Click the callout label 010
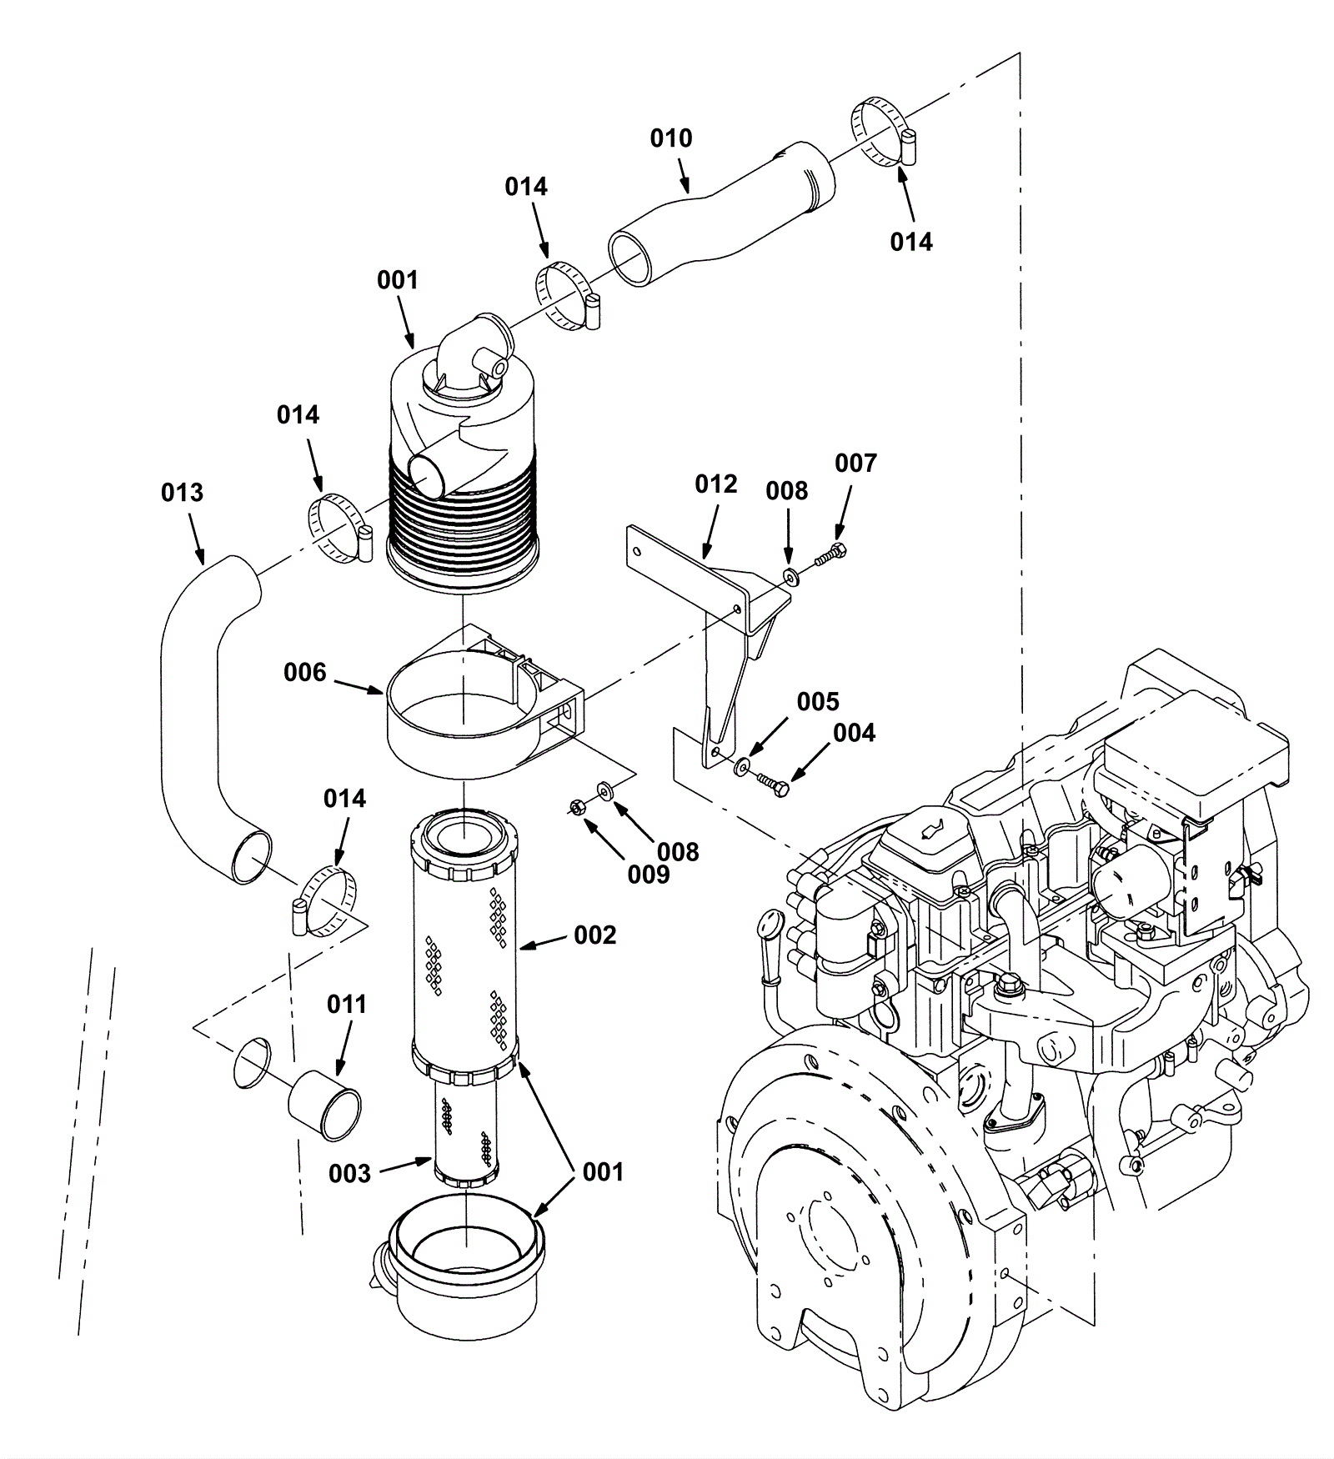coord(671,138)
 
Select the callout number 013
coord(182,493)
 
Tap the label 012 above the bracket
coord(716,484)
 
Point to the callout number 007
coord(856,464)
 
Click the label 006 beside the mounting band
coord(305,672)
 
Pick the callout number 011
coord(347,1005)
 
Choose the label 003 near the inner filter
coord(349,1174)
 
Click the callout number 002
coord(595,935)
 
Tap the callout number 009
coord(649,875)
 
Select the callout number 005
coord(818,702)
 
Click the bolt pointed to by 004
coord(773,785)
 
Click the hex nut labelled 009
coord(575,807)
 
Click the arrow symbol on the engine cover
coord(927,830)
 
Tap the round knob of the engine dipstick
coord(768,926)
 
